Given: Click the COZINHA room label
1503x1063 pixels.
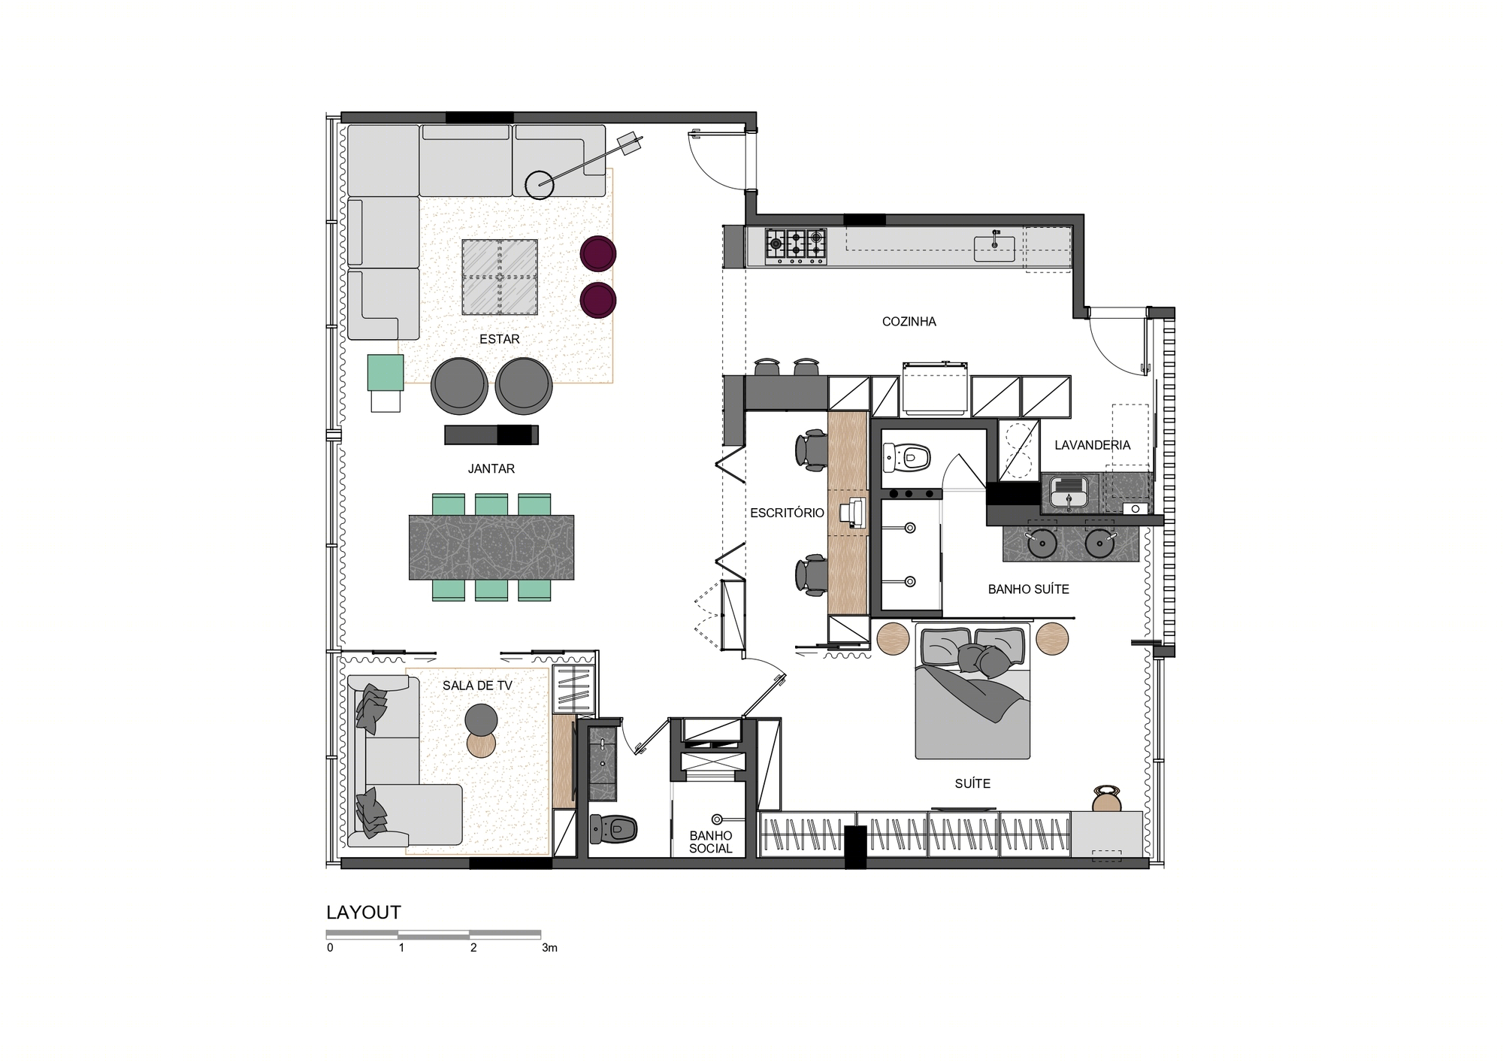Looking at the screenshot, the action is pos(909,322).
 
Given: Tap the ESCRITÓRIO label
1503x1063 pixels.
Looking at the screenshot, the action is pos(787,513).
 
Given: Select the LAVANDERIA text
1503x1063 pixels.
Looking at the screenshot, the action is pos(1092,445).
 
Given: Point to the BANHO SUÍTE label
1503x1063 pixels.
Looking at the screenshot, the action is pos(1028,589).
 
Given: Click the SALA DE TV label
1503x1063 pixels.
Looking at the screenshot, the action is pos(477,686).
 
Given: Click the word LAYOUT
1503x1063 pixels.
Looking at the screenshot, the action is pos(364,912).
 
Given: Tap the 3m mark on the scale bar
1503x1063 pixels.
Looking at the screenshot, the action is pos(549,948).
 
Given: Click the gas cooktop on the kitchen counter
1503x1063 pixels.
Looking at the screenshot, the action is pos(796,247).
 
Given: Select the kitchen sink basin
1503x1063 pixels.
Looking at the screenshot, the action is pos(994,248).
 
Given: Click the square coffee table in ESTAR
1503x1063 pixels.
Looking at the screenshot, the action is pos(500,277).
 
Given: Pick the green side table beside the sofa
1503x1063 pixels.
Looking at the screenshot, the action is pos(386,373).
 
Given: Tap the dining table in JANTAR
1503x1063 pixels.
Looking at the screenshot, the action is pos(491,547).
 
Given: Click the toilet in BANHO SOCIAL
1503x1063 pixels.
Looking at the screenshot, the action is pos(613,828).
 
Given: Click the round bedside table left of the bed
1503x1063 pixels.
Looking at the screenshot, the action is pos(894,639).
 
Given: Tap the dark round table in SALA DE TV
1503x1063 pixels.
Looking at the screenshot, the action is pos(481,720).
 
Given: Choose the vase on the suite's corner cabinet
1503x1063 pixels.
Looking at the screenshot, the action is pos(1106,800).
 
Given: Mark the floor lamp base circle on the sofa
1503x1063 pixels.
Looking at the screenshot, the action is pos(540,185).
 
